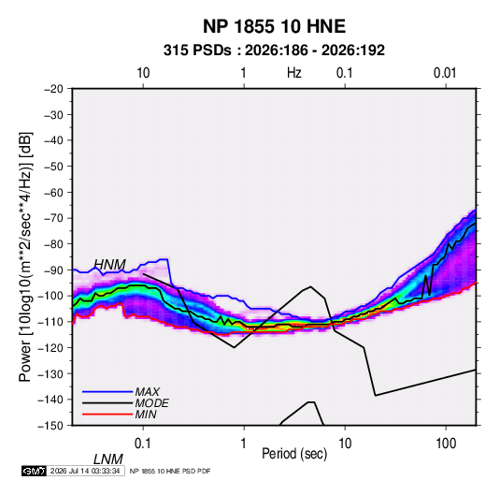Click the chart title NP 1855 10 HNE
tap(274, 26)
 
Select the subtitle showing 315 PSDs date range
tap(274, 51)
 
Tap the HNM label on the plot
tap(110, 265)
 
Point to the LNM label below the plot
tap(108, 459)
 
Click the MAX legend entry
tap(148, 391)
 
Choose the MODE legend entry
tap(151, 403)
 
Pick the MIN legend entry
tap(146, 415)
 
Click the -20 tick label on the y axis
tap(53, 89)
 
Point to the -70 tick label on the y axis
tap(53, 218)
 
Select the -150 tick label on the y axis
tap(50, 426)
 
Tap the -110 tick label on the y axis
tap(50, 322)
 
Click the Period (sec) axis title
tap(294, 454)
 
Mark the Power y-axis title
tap(25, 256)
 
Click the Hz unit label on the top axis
tap(294, 73)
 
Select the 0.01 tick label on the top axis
tap(445, 73)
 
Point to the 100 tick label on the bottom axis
tap(446, 444)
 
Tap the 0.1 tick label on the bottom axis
tap(143, 444)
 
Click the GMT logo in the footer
tap(35, 471)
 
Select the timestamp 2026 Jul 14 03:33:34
tap(85, 471)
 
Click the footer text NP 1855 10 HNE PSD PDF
tap(170, 471)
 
